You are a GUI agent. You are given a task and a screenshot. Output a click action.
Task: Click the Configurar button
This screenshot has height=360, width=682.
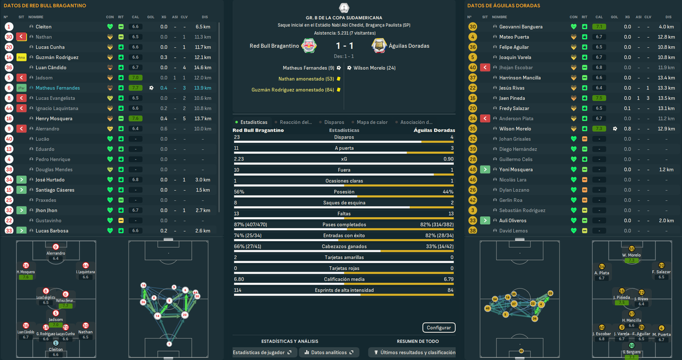pyautogui.click(x=439, y=328)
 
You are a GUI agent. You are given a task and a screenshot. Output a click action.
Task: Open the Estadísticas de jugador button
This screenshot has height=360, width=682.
pyautogui.click(x=263, y=353)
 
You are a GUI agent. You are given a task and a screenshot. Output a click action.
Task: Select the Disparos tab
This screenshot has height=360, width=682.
pyautogui.click(x=334, y=122)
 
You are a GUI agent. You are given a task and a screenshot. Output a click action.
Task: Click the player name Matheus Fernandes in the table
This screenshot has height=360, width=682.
pyautogui.click(x=58, y=88)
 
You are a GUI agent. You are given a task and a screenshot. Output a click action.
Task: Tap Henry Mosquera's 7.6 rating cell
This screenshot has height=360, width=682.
pyautogui.click(x=135, y=119)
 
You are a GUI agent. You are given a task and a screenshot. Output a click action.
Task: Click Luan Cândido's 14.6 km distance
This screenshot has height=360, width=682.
pyautogui.click(x=202, y=68)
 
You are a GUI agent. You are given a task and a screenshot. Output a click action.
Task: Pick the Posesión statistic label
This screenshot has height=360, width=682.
pyautogui.click(x=344, y=192)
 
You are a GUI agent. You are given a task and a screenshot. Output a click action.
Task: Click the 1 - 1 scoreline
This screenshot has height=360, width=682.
pyautogui.click(x=345, y=46)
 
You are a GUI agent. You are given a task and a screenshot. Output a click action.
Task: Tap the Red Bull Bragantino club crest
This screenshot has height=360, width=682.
pyautogui.click(x=309, y=46)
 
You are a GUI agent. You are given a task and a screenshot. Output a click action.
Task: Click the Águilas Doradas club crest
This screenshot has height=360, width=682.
pyautogui.click(x=379, y=46)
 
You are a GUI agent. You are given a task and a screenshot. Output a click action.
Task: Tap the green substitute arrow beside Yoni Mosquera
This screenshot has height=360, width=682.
pyautogui.click(x=485, y=169)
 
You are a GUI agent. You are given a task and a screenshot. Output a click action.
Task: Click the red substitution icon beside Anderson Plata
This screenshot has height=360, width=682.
pyautogui.click(x=485, y=119)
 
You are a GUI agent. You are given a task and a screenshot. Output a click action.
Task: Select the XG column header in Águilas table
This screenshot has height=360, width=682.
pyautogui.click(x=627, y=17)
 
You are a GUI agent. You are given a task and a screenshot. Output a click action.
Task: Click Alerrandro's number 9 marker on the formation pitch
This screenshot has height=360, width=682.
pyautogui.click(x=56, y=247)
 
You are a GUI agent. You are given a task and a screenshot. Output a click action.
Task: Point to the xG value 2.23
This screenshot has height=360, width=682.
pyautogui.click(x=239, y=159)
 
